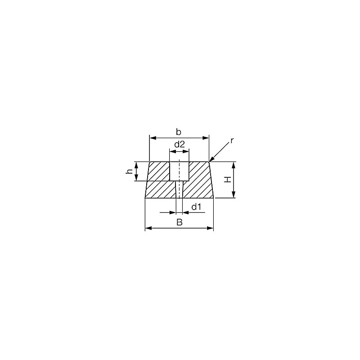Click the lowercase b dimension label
coord(179,132)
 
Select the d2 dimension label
coord(179,144)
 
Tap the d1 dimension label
coord(196,207)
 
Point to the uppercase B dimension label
coord(179,222)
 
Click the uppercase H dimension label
coord(228,179)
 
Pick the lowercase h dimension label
coord(129,171)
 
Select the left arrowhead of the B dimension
coord(148,229)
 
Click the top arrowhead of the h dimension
coord(137,164)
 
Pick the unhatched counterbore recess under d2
coord(179,171)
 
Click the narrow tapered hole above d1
coord(179,189)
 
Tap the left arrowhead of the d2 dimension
coord(171,152)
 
